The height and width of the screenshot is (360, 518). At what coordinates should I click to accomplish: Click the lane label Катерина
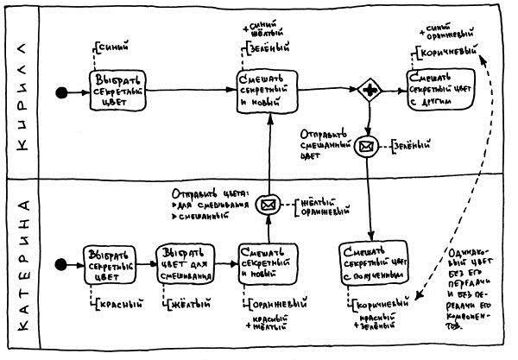click(23, 264)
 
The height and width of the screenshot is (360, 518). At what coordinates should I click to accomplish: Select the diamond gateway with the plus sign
click(370, 91)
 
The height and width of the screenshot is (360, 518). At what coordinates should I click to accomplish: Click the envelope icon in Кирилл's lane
click(369, 146)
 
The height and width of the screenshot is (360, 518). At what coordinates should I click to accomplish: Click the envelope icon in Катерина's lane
click(268, 205)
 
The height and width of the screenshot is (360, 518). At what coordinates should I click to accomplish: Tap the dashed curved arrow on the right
click(494, 173)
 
